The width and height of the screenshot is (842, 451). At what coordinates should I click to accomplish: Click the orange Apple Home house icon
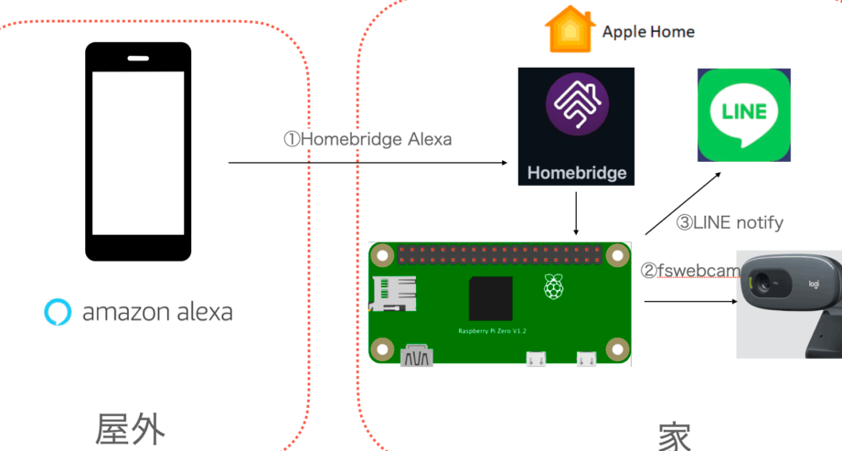coord(569,30)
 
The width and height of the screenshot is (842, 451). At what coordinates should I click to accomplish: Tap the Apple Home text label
coord(648,32)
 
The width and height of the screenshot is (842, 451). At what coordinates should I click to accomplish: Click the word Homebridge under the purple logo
coord(576,172)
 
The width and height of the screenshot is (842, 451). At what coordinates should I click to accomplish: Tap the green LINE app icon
coord(743,116)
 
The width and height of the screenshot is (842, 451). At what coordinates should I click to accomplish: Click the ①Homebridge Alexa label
coord(367,140)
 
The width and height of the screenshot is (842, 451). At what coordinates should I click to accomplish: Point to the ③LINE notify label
coord(729,222)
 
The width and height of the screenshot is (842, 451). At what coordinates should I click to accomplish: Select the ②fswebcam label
coord(690,271)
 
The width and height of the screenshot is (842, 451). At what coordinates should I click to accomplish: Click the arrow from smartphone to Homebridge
coord(366,163)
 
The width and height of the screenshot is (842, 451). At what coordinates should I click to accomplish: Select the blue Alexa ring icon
coord(58,312)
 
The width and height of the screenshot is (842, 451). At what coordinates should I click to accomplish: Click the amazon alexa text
coord(157,313)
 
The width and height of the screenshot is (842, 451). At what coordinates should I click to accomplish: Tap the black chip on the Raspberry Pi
coord(490,299)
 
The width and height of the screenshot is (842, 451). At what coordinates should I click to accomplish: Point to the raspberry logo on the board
coord(552,286)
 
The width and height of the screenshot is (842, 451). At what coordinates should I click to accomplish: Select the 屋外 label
coord(131,428)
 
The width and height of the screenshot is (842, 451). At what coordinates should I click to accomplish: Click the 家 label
coord(674,436)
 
